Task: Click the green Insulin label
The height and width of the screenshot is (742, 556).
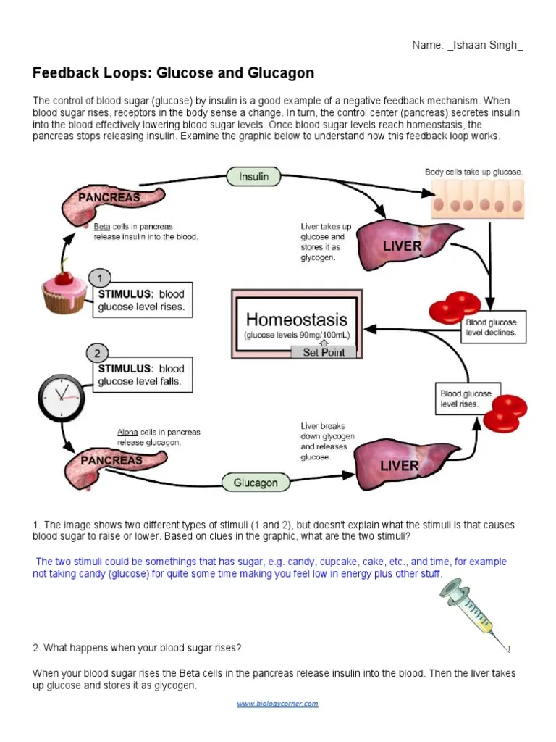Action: pyautogui.click(x=253, y=176)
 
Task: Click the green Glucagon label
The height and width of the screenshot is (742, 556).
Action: pyautogui.click(x=256, y=483)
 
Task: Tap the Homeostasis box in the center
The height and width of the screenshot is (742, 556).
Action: pyautogui.click(x=296, y=324)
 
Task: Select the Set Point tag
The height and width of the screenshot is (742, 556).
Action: pyautogui.click(x=324, y=352)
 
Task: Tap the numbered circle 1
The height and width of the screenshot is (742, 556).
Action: pyautogui.click(x=99, y=278)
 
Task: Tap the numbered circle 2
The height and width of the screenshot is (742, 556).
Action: pyautogui.click(x=98, y=354)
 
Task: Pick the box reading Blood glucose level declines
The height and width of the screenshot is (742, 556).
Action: pyautogui.click(x=494, y=328)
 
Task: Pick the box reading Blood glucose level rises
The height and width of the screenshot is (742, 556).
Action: pyautogui.click(x=465, y=399)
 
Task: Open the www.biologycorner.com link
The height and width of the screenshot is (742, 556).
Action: pyautogui.click(x=278, y=704)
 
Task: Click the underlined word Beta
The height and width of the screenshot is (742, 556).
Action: pyautogui.click(x=102, y=227)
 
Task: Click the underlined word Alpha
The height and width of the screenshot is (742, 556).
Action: pyautogui.click(x=127, y=433)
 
